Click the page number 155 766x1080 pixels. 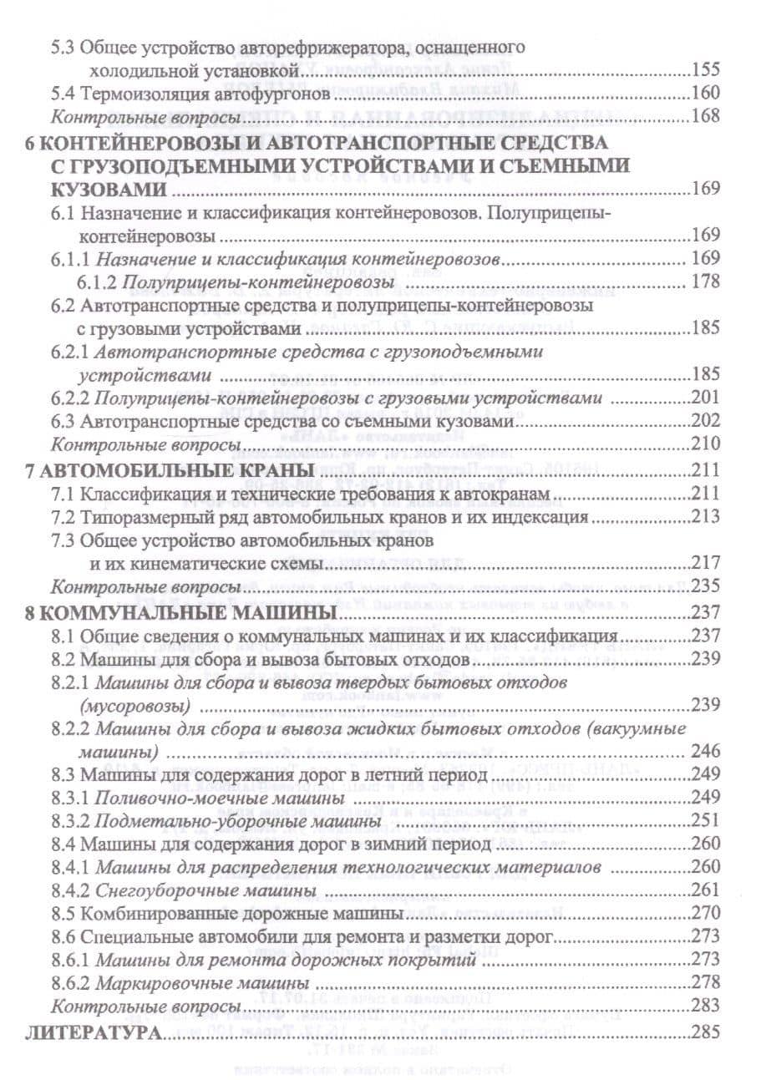[x=706, y=70]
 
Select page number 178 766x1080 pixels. [x=706, y=281]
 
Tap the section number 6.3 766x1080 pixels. [x=64, y=422]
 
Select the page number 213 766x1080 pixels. [x=706, y=516]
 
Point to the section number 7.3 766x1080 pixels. [x=64, y=540]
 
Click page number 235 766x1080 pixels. [x=706, y=587]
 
